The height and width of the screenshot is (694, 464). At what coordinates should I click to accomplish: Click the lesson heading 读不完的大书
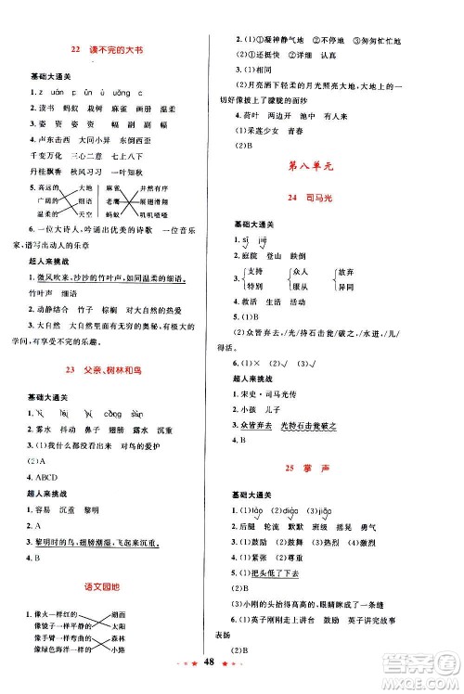pyautogui.click(x=111, y=48)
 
